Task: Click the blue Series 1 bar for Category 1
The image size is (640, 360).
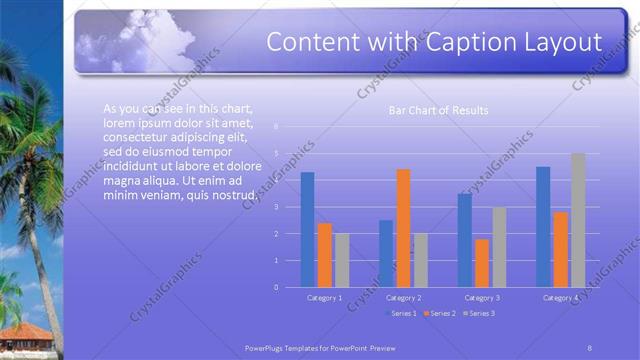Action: (x=307, y=230)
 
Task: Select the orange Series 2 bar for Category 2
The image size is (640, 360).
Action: (x=403, y=228)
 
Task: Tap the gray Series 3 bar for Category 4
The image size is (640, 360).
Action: (x=578, y=220)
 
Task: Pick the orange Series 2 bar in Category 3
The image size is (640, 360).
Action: (x=482, y=263)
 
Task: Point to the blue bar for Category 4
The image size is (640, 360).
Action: (x=543, y=227)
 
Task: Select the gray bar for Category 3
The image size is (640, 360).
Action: (x=499, y=247)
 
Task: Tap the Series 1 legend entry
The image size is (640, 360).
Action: (x=401, y=314)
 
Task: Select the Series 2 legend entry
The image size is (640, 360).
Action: (x=440, y=314)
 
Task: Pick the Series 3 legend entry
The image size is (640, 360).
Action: (x=479, y=314)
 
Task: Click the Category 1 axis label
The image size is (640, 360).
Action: (x=324, y=298)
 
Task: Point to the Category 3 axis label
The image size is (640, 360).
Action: (x=482, y=298)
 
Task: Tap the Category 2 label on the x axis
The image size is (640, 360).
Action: (x=403, y=298)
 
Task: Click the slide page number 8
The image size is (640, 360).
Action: (x=589, y=346)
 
